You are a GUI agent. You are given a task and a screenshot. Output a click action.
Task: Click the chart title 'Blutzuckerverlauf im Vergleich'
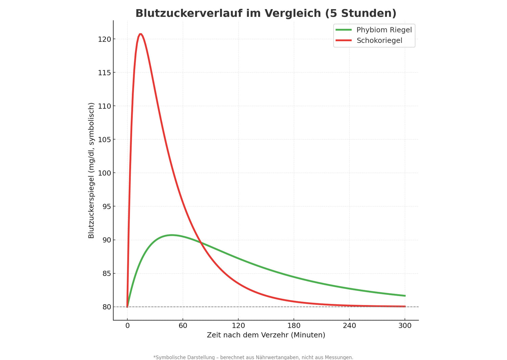pos(266,14)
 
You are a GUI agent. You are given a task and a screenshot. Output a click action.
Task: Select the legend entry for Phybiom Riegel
pos(384,30)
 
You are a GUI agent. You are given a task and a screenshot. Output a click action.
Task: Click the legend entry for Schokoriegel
pos(379,41)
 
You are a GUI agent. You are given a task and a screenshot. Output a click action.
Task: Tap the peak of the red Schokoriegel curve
pos(140,34)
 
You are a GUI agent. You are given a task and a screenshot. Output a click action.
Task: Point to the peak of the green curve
pos(172,235)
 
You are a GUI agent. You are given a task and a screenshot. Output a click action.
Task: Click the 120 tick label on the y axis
pos(104,39)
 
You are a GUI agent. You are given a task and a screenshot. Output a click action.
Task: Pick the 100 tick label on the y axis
pos(104,173)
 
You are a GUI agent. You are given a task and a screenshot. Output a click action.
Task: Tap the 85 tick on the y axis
pos(106,274)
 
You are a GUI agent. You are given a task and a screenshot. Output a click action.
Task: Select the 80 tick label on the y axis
pos(106,307)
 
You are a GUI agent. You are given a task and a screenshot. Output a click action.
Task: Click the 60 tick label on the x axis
pos(183,326)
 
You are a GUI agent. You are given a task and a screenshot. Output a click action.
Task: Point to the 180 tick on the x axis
pos(294,326)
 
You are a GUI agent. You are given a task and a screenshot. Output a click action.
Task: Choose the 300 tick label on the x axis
pos(405,326)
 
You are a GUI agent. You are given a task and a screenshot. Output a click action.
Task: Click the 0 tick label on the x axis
pos(127,326)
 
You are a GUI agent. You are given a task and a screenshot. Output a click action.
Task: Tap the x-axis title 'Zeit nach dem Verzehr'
pos(266,335)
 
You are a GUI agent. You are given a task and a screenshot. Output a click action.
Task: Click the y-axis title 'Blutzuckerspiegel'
pos(91,171)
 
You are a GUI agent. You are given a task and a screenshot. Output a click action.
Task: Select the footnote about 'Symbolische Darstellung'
pos(253,357)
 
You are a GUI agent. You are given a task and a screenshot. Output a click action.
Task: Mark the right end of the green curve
pos(405,296)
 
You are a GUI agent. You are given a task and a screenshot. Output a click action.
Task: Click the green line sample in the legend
pos(343,30)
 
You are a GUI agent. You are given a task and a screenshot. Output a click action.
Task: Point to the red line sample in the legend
pos(343,41)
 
